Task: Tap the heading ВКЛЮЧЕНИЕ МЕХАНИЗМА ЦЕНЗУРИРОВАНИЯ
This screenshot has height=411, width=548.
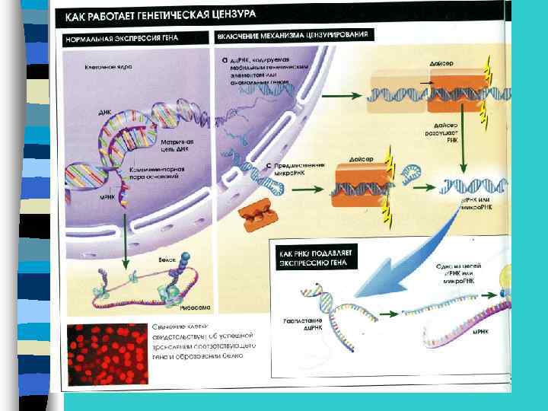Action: pyautogui.click(x=293, y=36)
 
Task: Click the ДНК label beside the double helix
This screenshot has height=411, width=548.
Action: pyautogui.click(x=105, y=111)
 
